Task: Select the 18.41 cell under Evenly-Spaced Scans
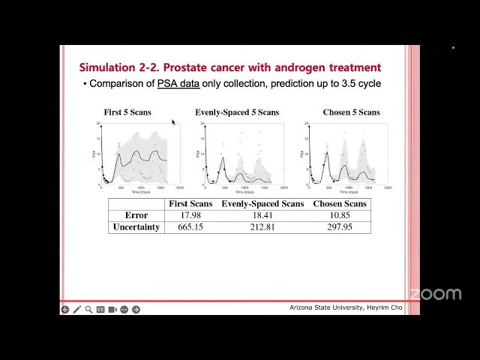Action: point(262,215)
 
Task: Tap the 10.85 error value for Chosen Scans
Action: point(339,215)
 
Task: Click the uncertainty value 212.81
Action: point(262,227)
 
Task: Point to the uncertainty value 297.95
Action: point(339,227)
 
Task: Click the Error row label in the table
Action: point(136,215)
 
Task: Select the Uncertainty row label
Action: point(136,227)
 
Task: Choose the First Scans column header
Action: point(190,204)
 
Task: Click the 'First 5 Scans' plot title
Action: point(127,112)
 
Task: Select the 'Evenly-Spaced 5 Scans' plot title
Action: point(237,112)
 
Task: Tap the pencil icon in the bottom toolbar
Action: point(76,309)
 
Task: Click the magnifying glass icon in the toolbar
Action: point(88,309)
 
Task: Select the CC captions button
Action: point(100,309)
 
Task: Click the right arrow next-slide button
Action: point(136,309)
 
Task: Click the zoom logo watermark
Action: point(435,294)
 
